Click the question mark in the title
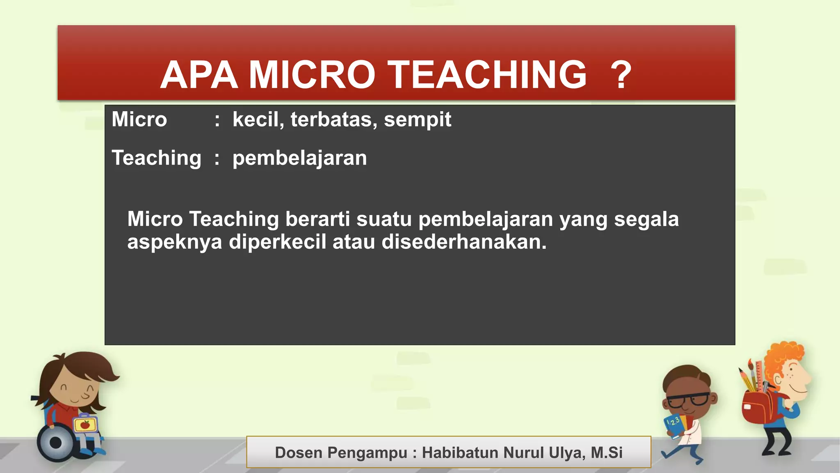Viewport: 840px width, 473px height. click(621, 75)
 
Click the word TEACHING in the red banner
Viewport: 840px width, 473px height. click(487, 75)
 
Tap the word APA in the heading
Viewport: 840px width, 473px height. click(199, 75)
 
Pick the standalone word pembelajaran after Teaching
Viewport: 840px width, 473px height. click(299, 158)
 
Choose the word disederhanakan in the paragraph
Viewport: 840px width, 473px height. click(464, 242)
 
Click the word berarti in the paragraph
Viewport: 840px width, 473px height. click(317, 219)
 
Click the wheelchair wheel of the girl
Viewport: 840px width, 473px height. click(55, 443)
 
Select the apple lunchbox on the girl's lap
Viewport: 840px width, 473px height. click(85, 425)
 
